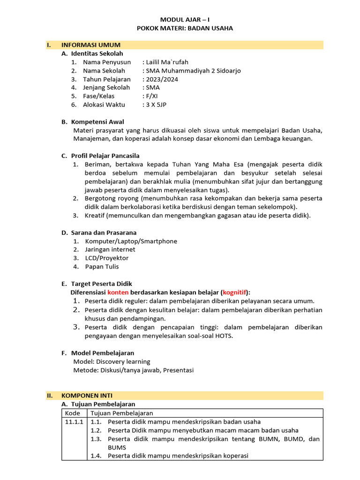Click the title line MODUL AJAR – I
pyautogui.click(x=184, y=20)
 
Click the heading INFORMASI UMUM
pyautogui.click(x=91, y=45)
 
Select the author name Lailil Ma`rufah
pyautogui.click(x=167, y=62)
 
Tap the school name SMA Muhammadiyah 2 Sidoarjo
pyautogui.click(x=194, y=71)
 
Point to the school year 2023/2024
pyautogui.click(x=162, y=79)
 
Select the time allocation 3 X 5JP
pyautogui.click(x=157, y=105)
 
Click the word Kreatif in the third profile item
pyautogui.click(x=95, y=216)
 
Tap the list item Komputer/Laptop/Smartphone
pyautogui.click(x=131, y=241)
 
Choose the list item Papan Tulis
pyautogui.click(x=102, y=267)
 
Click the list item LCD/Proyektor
pyautogui.click(x=106, y=258)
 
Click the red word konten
pyautogui.click(x=118, y=292)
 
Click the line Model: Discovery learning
pyautogui.click(x=112, y=361)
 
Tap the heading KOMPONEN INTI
pyautogui.click(x=87, y=396)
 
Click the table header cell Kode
pyautogui.click(x=72, y=413)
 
